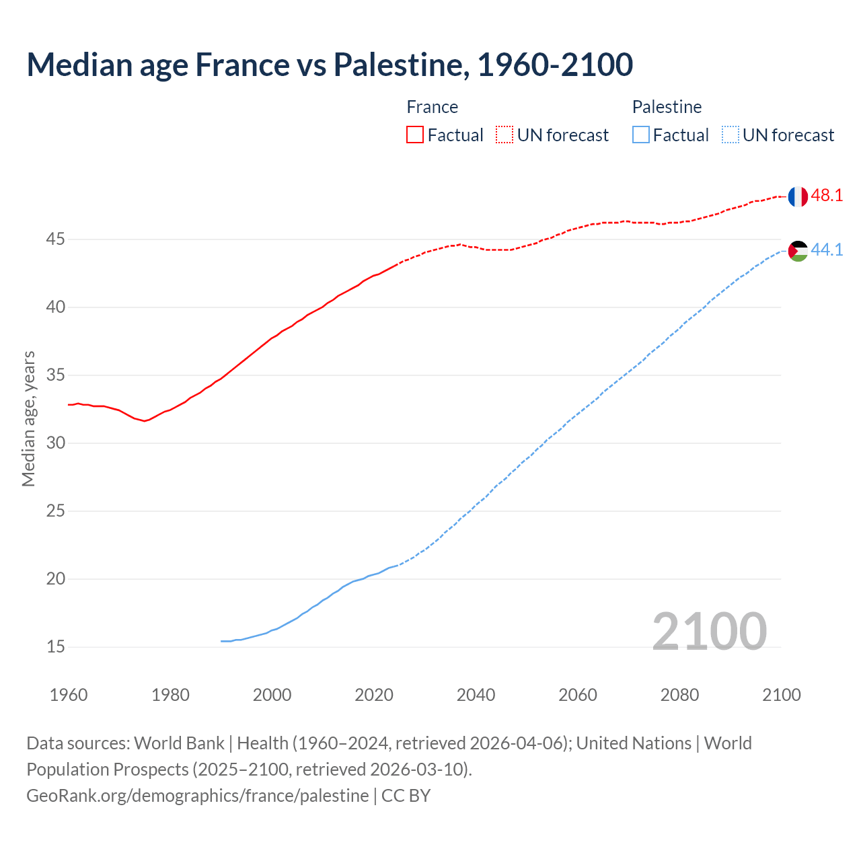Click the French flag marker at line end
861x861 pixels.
798,196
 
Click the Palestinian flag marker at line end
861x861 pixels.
798,251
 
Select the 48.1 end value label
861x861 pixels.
827,196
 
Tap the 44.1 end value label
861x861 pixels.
827,250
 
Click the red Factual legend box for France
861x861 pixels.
415,135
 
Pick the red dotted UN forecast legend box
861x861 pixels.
504,135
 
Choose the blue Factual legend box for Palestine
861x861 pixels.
641,135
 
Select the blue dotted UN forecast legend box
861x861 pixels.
730,135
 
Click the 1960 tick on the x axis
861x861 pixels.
69,695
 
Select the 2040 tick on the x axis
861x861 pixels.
476,695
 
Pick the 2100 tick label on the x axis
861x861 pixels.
781,695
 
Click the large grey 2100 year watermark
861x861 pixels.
709,631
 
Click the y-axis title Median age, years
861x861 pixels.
28,418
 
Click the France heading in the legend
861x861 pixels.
432,107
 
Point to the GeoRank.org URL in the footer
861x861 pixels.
197,796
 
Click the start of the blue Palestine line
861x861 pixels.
222,641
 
